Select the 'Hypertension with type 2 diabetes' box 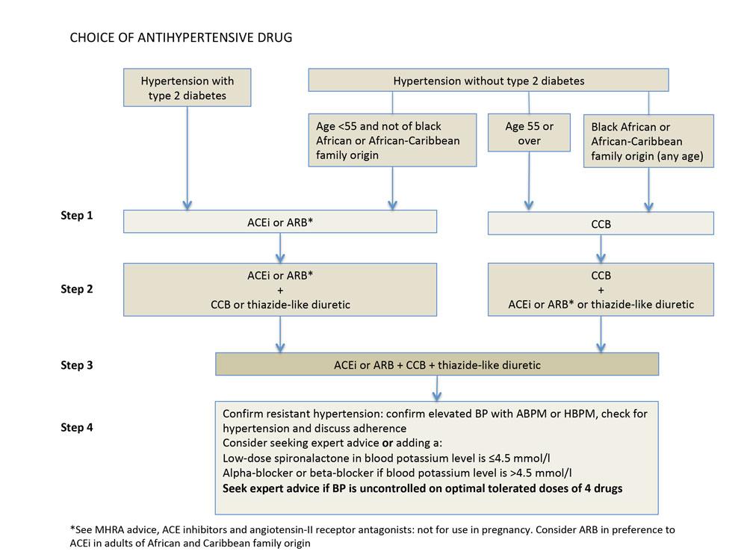click(x=187, y=88)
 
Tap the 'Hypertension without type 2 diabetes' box click(x=489, y=81)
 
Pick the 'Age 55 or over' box click(x=529, y=133)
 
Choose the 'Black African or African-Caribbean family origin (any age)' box click(x=648, y=140)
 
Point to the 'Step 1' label click(x=77, y=216)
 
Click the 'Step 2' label click(x=77, y=289)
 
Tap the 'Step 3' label click(x=77, y=365)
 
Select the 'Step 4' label click(x=77, y=428)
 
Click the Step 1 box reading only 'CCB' click(x=601, y=223)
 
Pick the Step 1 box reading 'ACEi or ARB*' click(x=279, y=221)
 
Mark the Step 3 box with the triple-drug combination click(x=437, y=365)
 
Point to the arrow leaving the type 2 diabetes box click(x=187, y=157)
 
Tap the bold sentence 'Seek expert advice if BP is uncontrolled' click(x=422, y=488)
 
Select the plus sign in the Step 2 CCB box click(x=601, y=290)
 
